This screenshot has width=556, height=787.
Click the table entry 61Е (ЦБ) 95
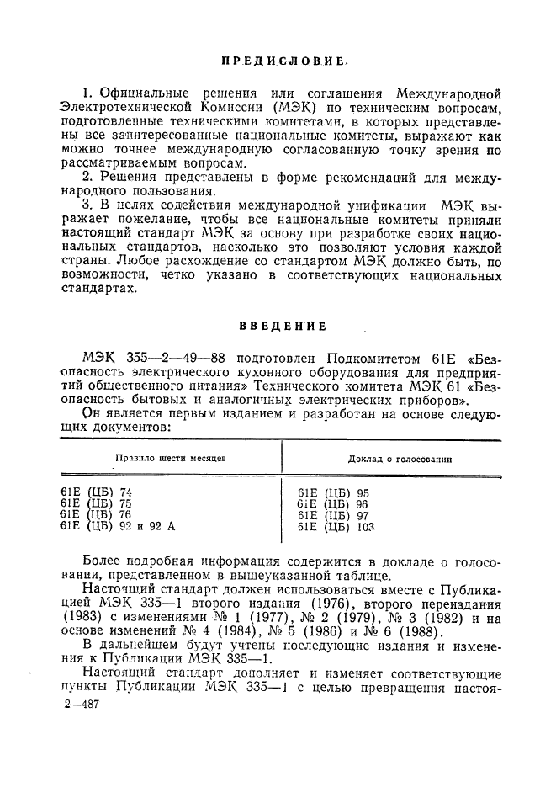(x=334, y=493)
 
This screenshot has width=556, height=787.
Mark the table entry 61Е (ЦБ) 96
(x=334, y=504)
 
